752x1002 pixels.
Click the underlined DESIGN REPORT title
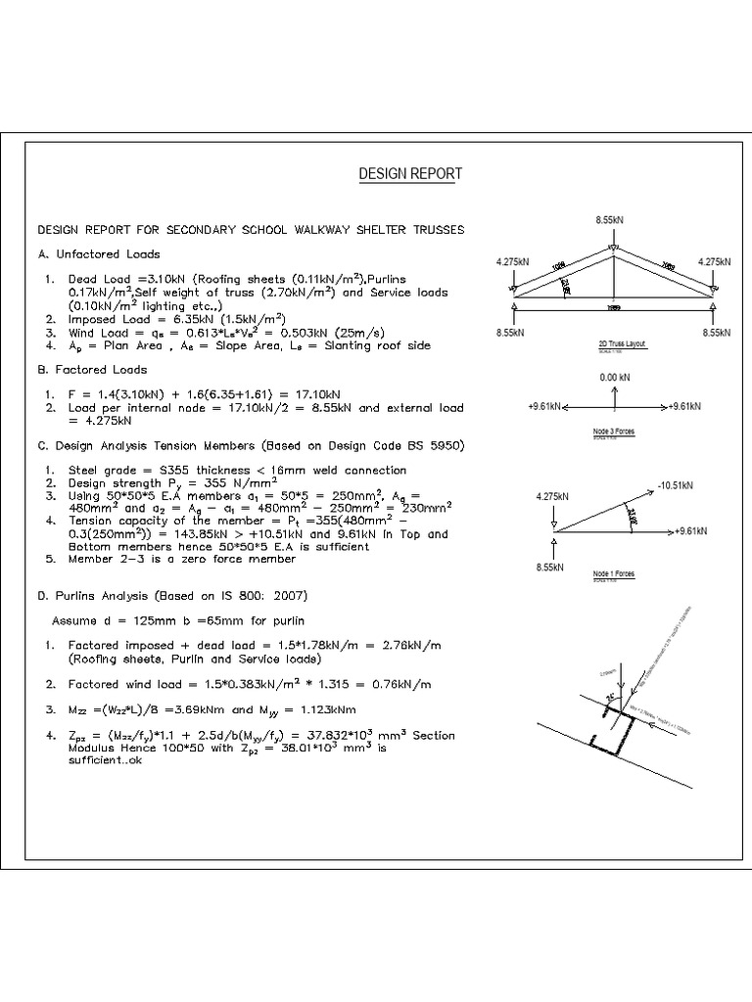click(410, 174)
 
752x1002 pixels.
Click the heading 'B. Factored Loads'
click(92, 370)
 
